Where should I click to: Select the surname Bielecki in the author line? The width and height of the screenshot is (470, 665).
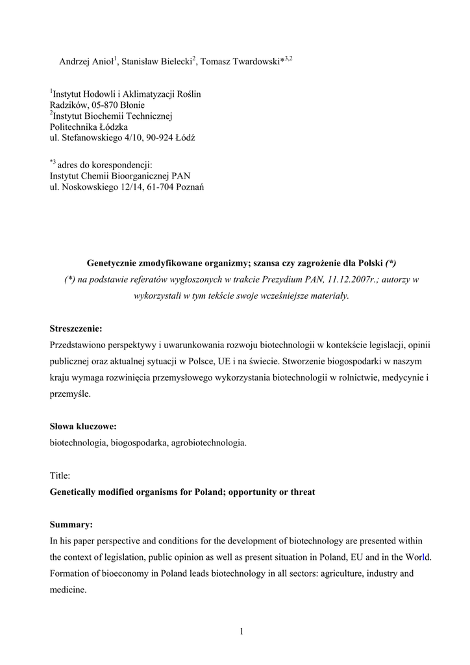coord(173,62)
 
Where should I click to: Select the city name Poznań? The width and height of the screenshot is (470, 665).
coord(188,187)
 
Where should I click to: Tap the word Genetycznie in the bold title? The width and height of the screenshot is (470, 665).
coord(114,263)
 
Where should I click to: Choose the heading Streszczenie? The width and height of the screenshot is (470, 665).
coord(76,329)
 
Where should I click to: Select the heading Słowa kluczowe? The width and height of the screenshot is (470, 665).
coord(83,427)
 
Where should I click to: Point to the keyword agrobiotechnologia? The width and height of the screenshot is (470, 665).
coord(208,443)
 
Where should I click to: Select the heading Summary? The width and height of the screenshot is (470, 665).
coord(71,524)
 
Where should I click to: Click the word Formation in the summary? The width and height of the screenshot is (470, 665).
coord(71,573)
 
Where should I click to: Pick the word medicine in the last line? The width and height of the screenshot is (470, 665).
coord(68,590)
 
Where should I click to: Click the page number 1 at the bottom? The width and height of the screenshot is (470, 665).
coord(241,631)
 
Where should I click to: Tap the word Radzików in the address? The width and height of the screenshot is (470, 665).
coord(68,105)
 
